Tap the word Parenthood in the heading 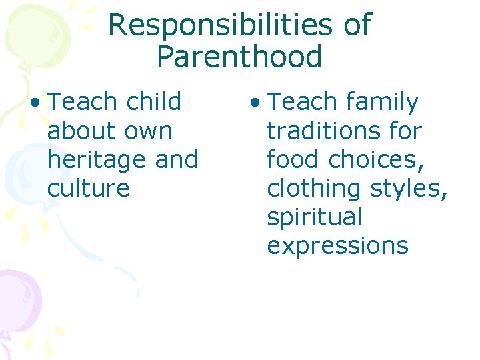point(239,57)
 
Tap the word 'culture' point(88,189)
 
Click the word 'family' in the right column point(382,103)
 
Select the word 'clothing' point(313,189)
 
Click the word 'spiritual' point(315,217)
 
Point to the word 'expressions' point(337,246)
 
